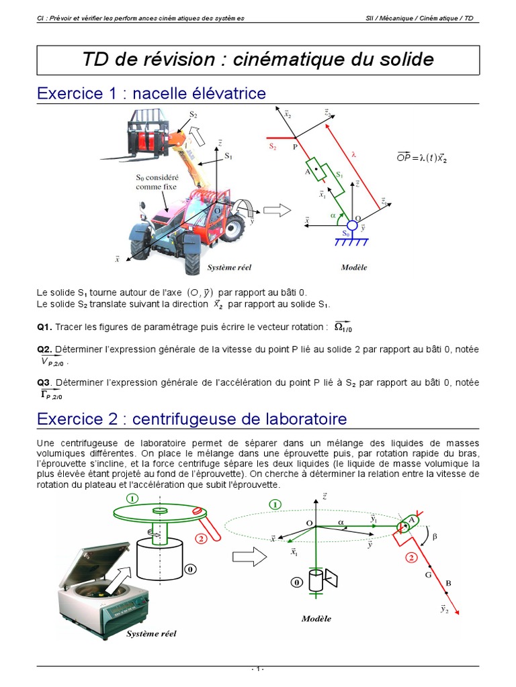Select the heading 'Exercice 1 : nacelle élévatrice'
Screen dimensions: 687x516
151,93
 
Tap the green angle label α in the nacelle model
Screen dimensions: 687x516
333,215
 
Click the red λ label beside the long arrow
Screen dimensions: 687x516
354,154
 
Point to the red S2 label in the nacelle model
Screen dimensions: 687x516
273,146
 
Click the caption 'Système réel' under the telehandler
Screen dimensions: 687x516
229,267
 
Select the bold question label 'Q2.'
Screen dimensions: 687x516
44,350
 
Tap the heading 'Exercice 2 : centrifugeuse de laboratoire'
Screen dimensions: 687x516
191,419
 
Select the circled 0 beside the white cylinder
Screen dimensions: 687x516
190,569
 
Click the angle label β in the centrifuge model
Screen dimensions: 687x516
434,536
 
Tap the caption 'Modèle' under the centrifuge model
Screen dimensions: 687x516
316,619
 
